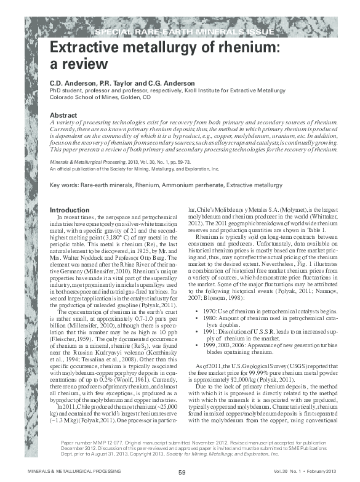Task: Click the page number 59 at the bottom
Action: (x=182, y=472)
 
